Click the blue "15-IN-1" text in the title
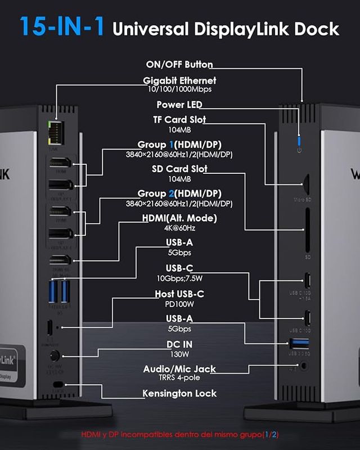coord(62,27)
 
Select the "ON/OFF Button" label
coord(179,65)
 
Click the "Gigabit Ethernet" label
coord(179,80)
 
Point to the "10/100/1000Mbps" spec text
coord(179,89)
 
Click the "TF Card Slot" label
coord(179,120)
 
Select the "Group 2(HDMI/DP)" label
coord(179,194)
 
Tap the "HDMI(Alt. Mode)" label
coord(179,218)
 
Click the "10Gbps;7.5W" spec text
coord(179,277)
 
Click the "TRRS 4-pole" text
coord(179,377)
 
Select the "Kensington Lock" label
coord(179,393)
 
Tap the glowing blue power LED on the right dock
coord(299,139)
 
